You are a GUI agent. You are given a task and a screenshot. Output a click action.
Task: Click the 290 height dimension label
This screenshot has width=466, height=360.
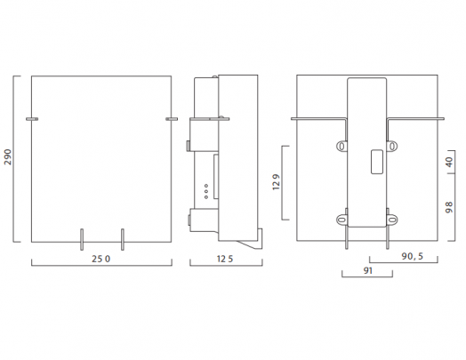(x=8, y=156)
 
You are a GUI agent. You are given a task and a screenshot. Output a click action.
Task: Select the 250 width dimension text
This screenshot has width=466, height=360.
(x=100, y=259)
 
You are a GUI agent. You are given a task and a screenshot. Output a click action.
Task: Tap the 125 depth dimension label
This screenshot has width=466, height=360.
(x=225, y=259)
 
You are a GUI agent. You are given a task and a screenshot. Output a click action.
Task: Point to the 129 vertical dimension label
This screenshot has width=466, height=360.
(x=276, y=182)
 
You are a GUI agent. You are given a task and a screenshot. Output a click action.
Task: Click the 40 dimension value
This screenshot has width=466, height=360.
(x=449, y=162)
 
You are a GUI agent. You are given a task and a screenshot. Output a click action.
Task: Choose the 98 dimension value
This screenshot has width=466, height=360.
(x=449, y=207)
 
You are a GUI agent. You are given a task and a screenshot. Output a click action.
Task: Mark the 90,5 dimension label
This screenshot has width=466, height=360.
(x=413, y=256)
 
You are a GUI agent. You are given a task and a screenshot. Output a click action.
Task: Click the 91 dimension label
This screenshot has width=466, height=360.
(x=368, y=270)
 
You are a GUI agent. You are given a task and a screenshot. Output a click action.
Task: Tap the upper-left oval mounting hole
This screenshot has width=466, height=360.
(x=341, y=146)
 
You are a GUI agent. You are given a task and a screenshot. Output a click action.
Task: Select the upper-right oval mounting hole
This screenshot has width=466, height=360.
(x=392, y=146)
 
